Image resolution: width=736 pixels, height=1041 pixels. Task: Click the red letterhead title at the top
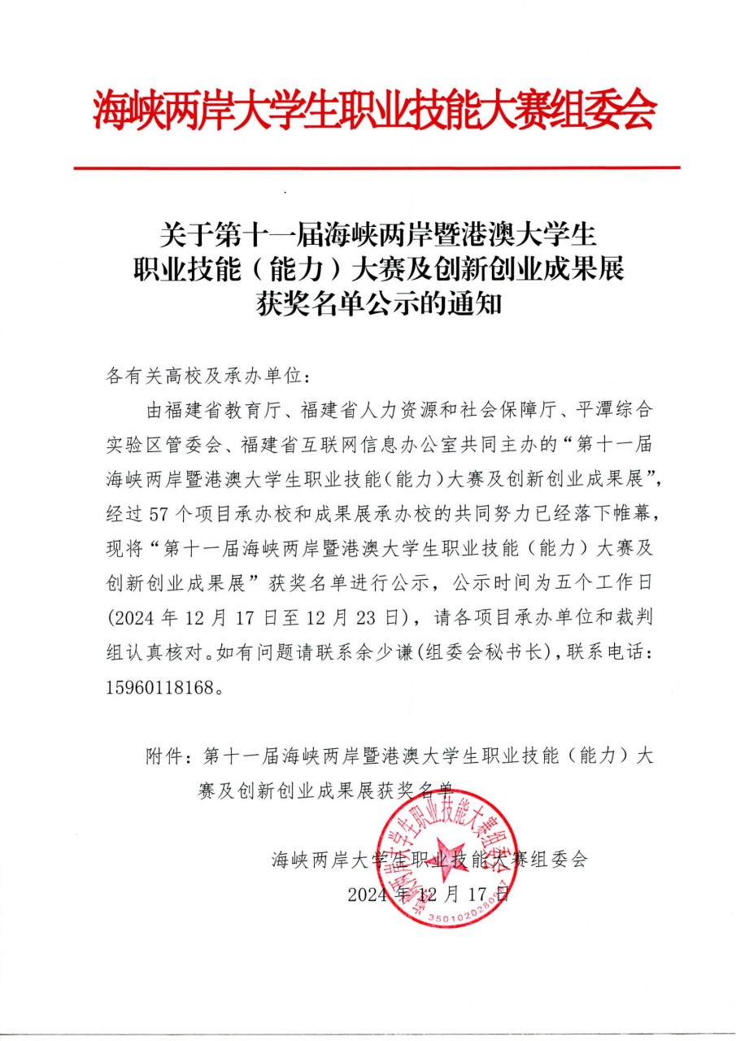pos(374,111)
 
